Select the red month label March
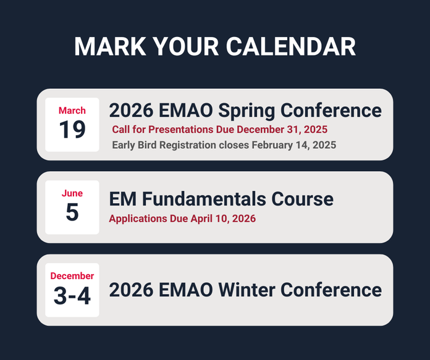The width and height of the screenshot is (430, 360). [x=72, y=111]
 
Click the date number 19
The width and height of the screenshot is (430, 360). [x=72, y=130]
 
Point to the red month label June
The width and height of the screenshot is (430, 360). [x=72, y=193]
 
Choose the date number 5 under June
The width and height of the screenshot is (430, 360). [x=72, y=212]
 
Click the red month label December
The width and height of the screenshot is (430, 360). [x=72, y=276]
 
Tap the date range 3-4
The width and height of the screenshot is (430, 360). [x=72, y=296]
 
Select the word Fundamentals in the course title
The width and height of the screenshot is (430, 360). [x=209, y=199]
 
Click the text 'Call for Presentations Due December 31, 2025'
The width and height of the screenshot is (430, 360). [x=219, y=130]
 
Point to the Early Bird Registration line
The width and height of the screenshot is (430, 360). [x=224, y=145]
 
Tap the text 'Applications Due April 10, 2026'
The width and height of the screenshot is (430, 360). [x=182, y=219]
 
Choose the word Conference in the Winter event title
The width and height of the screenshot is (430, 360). [x=334, y=290]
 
